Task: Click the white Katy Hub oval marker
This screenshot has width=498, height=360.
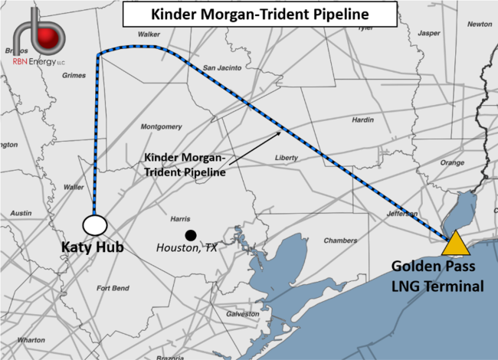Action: (94, 225)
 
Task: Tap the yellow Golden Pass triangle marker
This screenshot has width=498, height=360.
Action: (456, 243)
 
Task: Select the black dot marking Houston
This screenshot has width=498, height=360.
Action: (189, 235)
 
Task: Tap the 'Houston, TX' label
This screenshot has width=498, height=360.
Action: (188, 248)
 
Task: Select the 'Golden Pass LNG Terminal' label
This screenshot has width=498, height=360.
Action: (438, 277)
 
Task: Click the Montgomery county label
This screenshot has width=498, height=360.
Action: (162, 126)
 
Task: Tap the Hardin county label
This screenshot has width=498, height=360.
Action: (362, 120)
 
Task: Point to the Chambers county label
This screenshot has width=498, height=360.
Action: (341, 241)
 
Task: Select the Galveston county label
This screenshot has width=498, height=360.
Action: (244, 314)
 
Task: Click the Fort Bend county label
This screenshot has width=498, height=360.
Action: (113, 288)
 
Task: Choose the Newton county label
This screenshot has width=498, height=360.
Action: (480, 24)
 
